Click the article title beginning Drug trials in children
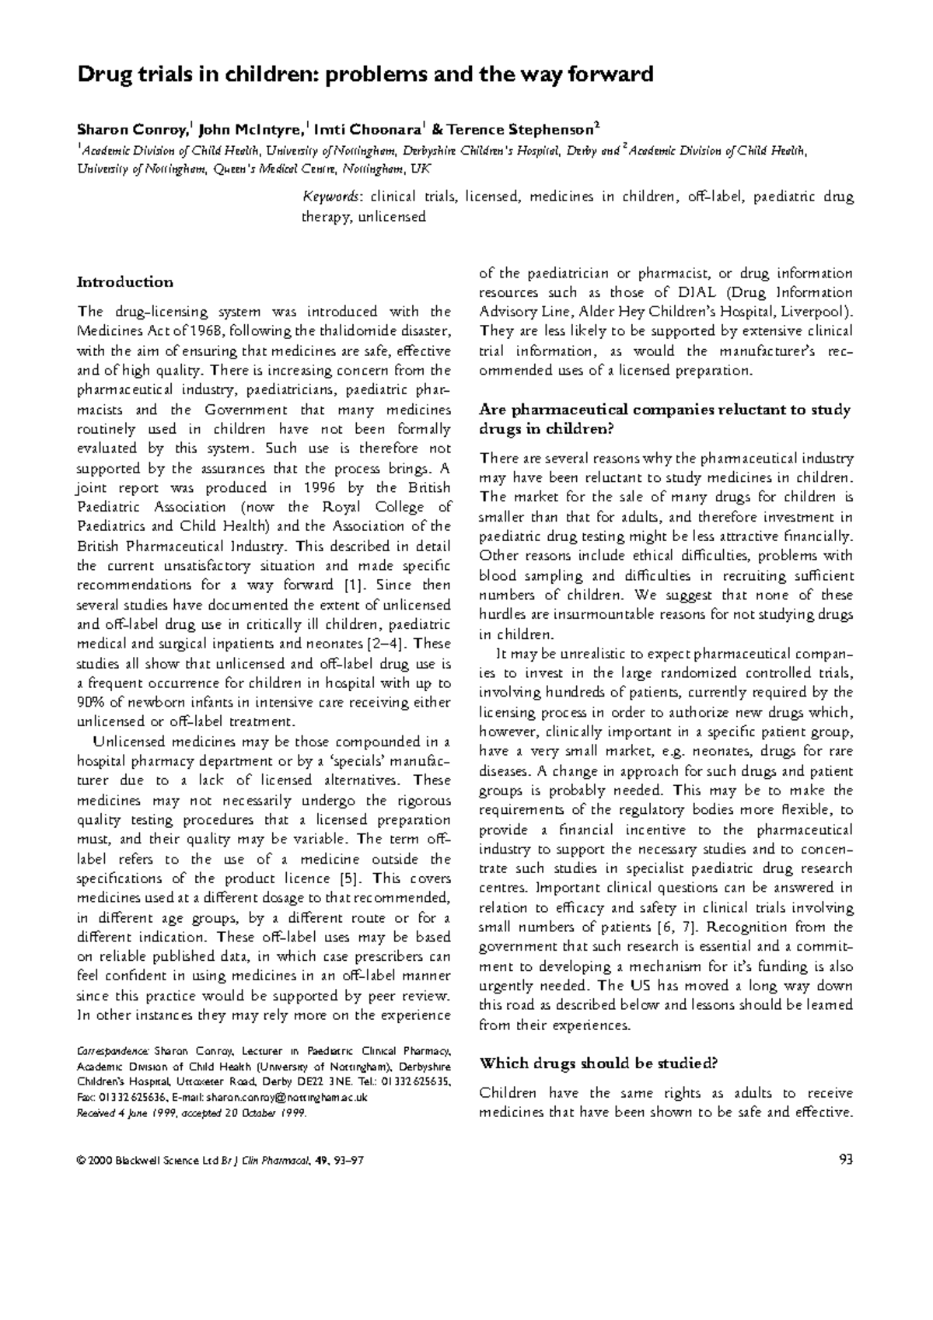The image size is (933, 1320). coord(364,75)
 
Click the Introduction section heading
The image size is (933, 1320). coord(124,282)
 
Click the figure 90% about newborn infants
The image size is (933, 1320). coord(91,702)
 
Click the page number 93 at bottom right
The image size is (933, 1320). coord(846,1161)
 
